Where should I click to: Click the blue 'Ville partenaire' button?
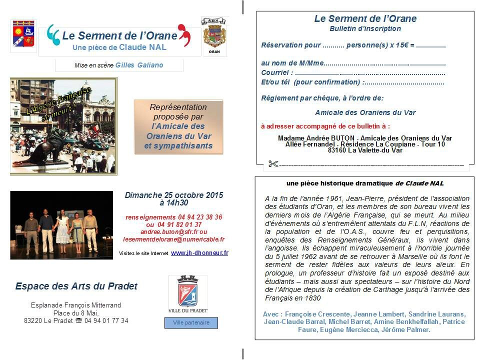click(x=191, y=323)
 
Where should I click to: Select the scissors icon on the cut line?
click(x=272, y=163)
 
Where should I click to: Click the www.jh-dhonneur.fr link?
click(x=199, y=253)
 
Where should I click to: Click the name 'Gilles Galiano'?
click(x=139, y=65)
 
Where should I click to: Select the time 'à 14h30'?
click(x=174, y=203)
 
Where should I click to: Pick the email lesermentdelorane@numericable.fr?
click(x=173, y=239)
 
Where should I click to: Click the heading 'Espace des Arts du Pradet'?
click(x=76, y=286)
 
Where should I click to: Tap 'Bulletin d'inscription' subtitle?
click(x=365, y=29)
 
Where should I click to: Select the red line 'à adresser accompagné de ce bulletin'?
click(x=325, y=126)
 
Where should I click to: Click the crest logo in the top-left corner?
click(x=23, y=35)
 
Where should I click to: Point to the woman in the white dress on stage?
click(x=62, y=228)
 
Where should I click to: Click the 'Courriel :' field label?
click(x=277, y=73)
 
